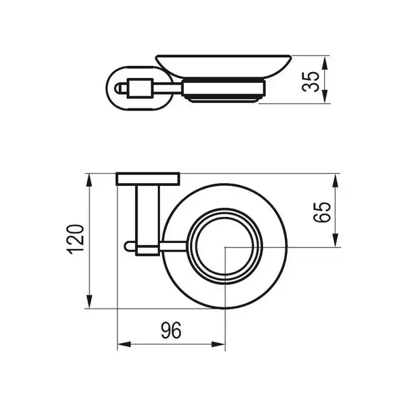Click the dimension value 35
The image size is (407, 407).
point(311,81)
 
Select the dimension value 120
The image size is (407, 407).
point(75,239)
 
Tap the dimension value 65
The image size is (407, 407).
point(322,212)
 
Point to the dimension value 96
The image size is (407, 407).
point(171,330)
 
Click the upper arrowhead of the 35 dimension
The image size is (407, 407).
point(325,63)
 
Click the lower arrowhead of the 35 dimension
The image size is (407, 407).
point(325,96)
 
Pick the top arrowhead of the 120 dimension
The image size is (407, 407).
point(89,180)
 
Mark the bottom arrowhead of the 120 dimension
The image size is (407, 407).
point(89,301)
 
